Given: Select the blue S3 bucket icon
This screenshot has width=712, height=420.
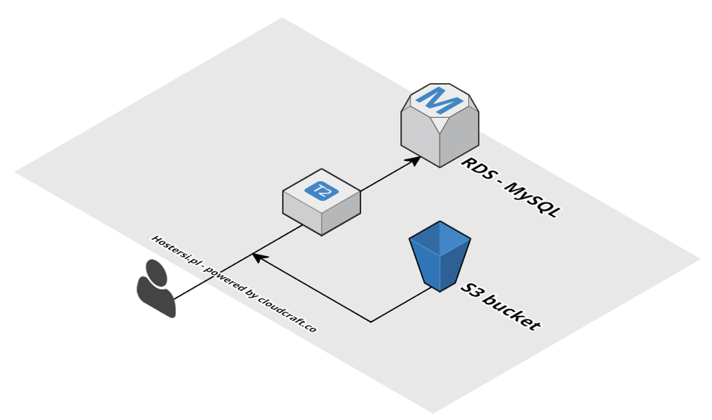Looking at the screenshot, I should [440, 255].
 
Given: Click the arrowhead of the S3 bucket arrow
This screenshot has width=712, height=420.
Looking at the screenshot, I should [257, 258].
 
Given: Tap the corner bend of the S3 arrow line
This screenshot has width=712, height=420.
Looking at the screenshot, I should [371, 322].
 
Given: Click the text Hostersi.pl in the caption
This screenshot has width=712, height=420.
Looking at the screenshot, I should [171, 248].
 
